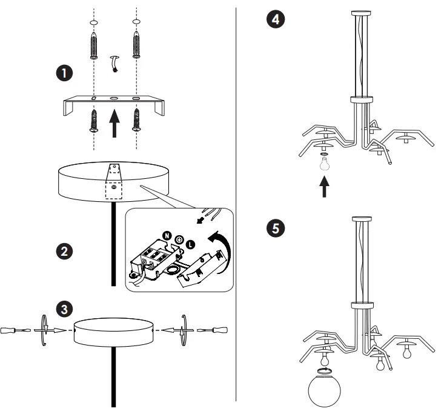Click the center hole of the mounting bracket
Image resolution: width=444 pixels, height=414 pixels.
click(x=114, y=98)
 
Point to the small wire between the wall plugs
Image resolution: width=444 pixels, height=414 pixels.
click(x=114, y=63)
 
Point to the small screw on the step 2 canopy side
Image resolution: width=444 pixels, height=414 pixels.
click(x=114, y=188)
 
